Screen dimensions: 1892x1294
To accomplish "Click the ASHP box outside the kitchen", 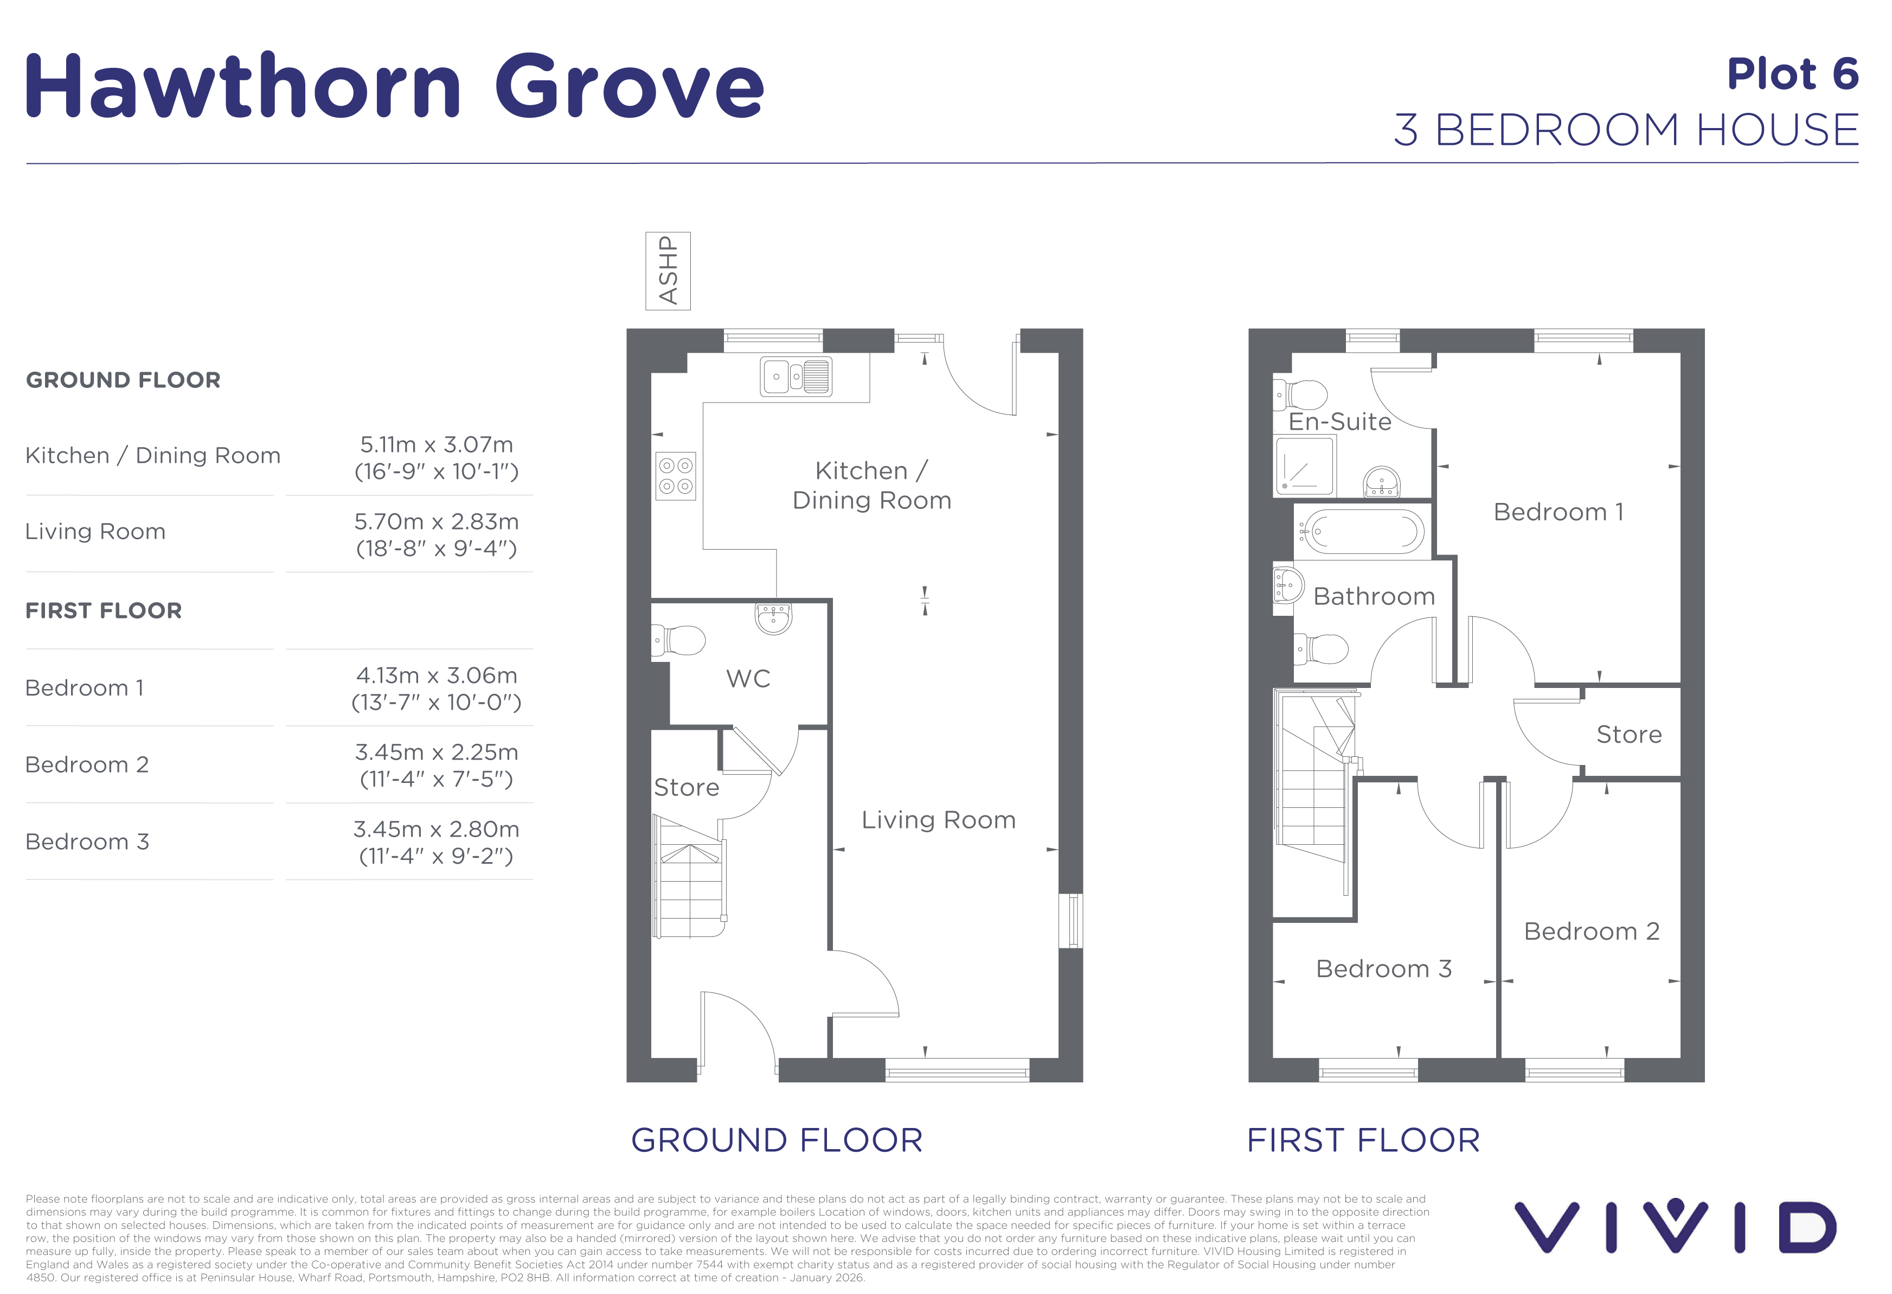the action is pyautogui.click(x=668, y=271).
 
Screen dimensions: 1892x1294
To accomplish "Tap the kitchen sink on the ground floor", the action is pyautogui.click(x=796, y=376).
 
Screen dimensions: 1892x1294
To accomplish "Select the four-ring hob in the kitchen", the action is pyautogui.click(x=676, y=476).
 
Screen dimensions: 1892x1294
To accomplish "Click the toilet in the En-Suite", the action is pyautogui.click(x=1300, y=396).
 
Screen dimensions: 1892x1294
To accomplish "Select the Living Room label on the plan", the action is pyautogui.click(x=939, y=820).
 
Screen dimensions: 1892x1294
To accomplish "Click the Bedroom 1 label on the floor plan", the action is pyautogui.click(x=1558, y=512).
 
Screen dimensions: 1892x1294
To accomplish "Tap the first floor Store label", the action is pyautogui.click(x=1629, y=735).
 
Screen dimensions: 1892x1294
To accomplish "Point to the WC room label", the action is pyautogui.click(x=748, y=678).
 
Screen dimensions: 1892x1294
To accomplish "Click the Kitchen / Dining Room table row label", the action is pyautogui.click(x=153, y=455).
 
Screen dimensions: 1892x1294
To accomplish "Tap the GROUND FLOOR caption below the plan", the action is pyautogui.click(x=777, y=1140).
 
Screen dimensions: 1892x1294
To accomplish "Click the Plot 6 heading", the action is pyautogui.click(x=1793, y=74).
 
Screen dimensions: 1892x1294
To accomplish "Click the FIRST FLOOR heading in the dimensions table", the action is pyautogui.click(x=104, y=611).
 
